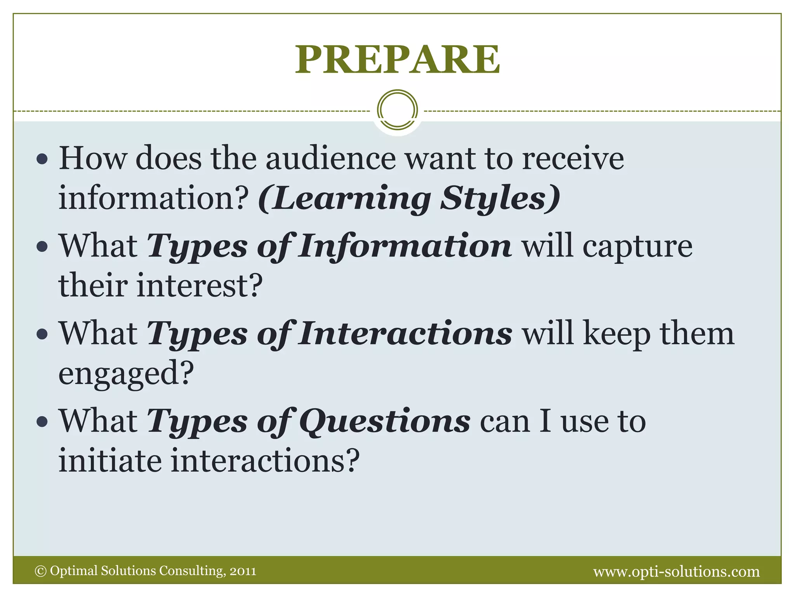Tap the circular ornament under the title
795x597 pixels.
[397, 110]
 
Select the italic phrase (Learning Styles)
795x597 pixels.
[409, 198]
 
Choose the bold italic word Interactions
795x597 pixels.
[405, 334]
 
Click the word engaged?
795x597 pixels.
[126, 373]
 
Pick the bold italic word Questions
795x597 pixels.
[385, 421]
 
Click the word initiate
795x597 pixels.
[110, 461]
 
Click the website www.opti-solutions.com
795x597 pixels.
[676, 571]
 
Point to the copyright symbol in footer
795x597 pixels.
[40, 571]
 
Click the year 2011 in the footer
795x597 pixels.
[243, 571]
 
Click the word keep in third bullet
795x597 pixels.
[617, 334]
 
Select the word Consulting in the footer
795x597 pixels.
[192, 571]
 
